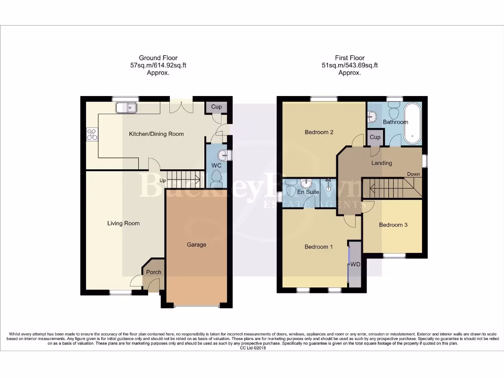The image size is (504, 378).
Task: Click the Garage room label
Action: (x=196, y=245)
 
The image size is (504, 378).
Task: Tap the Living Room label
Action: (x=124, y=223)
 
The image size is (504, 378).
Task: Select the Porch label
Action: (x=154, y=272)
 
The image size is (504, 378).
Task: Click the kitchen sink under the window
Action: (x=126, y=107)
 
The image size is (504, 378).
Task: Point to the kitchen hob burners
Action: (x=92, y=134)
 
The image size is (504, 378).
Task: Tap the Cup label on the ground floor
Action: (x=216, y=107)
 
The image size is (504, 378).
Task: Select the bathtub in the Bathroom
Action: (x=413, y=123)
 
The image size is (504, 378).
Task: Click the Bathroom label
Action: (x=396, y=122)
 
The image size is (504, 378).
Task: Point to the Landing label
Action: (x=381, y=163)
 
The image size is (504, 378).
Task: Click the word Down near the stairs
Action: (x=413, y=174)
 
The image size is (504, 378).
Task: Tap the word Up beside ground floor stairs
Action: (x=162, y=181)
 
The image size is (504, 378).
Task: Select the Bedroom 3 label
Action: (x=393, y=225)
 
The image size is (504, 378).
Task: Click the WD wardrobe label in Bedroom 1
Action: (x=355, y=264)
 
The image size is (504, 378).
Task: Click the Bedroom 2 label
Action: (x=319, y=132)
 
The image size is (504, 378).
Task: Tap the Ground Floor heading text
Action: (x=158, y=58)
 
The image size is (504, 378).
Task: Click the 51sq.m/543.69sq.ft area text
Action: (x=349, y=65)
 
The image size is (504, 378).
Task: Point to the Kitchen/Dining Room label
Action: (x=156, y=134)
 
